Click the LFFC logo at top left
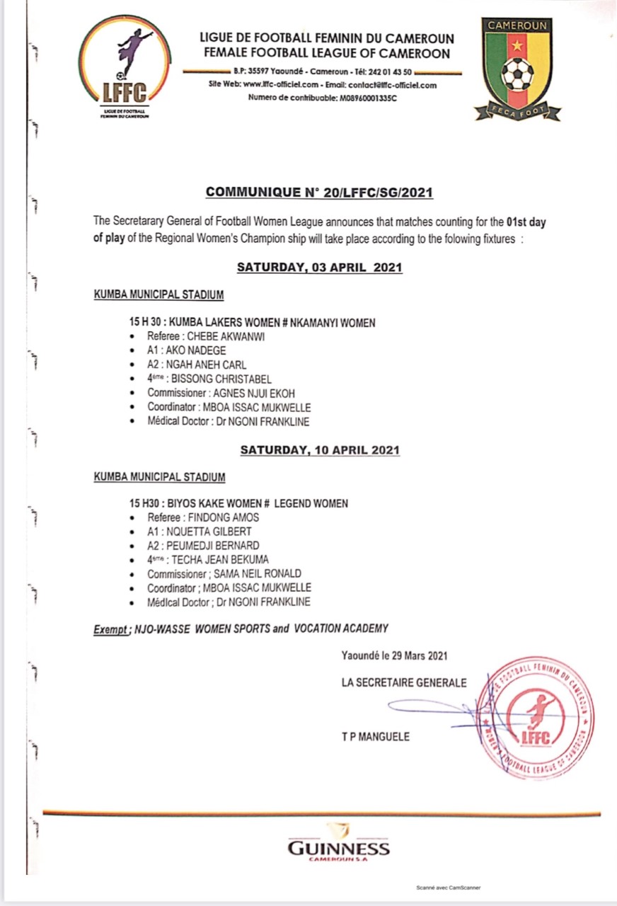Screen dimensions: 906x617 (123, 68)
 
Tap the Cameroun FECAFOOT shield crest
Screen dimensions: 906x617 (518, 68)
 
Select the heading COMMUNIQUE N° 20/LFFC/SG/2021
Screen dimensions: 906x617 (318, 193)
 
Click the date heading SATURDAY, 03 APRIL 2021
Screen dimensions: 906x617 (319, 268)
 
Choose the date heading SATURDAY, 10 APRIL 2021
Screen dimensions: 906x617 (320, 449)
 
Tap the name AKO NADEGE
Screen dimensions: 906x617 (205, 351)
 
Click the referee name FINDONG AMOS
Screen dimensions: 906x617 (223, 517)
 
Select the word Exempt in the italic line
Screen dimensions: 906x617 (110, 629)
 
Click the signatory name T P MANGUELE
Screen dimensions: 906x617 (375, 737)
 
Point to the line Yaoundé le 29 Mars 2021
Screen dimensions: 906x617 (394, 656)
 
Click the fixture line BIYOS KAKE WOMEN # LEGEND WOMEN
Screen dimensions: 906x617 (260, 503)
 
